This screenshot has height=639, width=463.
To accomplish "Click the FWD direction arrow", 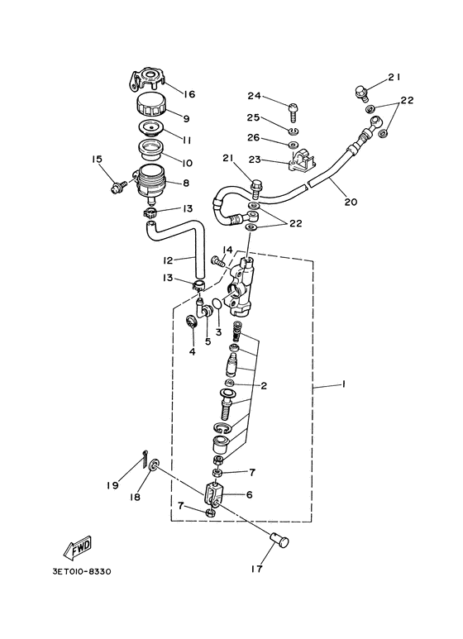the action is click(78, 547).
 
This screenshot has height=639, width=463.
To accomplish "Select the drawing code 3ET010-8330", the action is click(82, 571).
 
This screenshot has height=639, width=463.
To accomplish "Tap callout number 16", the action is click(189, 94).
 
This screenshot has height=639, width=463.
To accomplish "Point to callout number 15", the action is click(97, 159).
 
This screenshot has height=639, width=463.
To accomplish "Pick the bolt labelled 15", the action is click(118, 186).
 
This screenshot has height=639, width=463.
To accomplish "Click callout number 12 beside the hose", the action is click(168, 260).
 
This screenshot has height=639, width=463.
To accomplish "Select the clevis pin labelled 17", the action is click(279, 541).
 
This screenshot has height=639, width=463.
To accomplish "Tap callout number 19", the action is click(112, 485).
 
